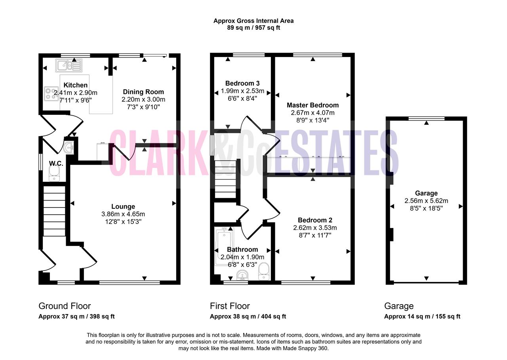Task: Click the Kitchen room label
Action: pyautogui.click(x=75, y=85)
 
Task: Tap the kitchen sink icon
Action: pyautogui.click(x=69, y=66)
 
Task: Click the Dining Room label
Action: pyautogui.click(x=143, y=92)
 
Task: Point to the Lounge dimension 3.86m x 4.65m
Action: pyautogui.click(x=123, y=214)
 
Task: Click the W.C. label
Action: pyautogui.click(x=56, y=164)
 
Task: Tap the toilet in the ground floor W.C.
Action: pyautogui.click(x=54, y=174)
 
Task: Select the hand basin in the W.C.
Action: pyautogui.click(x=69, y=148)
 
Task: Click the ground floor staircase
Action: pyautogui.click(x=54, y=211)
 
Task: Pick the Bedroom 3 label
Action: pyautogui.click(x=242, y=83)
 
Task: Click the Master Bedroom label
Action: pyautogui.click(x=313, y=105)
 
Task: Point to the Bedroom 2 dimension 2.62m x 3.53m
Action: pyautogui.click(x=315, y=228)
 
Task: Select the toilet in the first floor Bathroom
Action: pyautogui.click(x=264, y=271)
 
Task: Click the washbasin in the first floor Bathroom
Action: pyautogui.click(x=242, y=275)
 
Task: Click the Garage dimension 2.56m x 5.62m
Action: pyautogui.click(x=426, y=201)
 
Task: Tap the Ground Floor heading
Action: pyautogui.click(x=65, y=306)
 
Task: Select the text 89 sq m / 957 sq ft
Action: pyautogui.click(x=253, y=28)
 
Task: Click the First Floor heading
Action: pyautogui.click(x=230, y=306)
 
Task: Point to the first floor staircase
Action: pyautogui.click(x=225, y=179)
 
